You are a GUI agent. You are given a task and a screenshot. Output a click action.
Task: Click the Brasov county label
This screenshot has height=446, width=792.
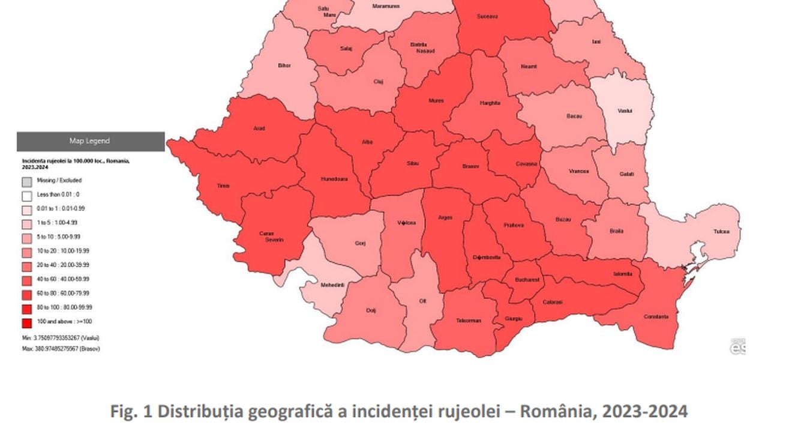point(470,166)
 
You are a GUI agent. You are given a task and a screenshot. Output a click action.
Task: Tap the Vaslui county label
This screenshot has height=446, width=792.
point(625,110)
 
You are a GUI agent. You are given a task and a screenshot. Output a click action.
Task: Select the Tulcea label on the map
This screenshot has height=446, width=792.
point(722,231)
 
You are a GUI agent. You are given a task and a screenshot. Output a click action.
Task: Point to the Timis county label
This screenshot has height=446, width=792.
point(223,186)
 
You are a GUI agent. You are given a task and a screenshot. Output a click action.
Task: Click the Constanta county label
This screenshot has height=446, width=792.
point(656,316)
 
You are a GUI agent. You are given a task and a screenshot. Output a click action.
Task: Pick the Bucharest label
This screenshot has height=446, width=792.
point(527,280)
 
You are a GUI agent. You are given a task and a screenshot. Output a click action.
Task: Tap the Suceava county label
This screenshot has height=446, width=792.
point(487,16)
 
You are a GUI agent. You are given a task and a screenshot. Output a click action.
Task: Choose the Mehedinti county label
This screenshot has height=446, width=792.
point(332,285)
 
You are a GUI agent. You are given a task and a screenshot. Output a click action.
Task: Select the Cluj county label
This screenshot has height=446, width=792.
point(378,82)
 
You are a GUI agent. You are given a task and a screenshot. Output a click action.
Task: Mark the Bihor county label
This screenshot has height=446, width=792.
point(284,65)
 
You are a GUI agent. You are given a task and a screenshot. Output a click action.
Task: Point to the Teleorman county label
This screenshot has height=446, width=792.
point(468,321)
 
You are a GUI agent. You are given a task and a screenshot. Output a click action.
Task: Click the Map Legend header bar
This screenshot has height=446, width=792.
point(90,141)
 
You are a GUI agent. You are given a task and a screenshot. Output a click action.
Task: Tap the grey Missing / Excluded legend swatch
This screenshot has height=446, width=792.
point(26,181)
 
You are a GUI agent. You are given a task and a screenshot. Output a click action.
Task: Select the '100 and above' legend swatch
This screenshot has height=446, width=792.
point(26,322)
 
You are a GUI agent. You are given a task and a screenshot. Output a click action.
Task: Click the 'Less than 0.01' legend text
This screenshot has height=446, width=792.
point(58,194)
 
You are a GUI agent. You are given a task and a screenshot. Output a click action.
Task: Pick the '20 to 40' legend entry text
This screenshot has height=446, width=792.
point(63,265)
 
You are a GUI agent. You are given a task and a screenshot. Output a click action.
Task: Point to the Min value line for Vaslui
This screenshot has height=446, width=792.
point(61,338)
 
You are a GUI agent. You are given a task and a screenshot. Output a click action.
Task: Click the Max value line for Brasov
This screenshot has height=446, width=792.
point(61,349)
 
